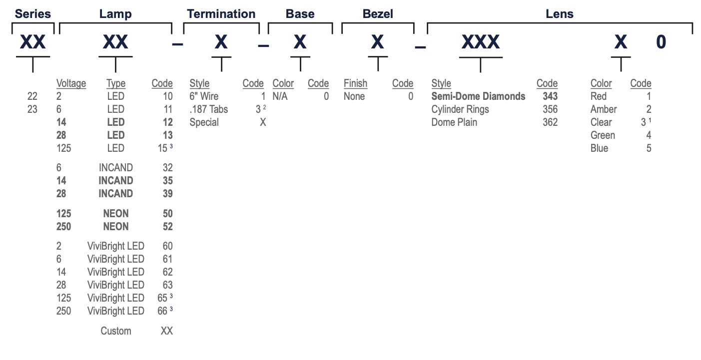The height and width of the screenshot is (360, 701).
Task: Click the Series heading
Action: click(x=32, y=14)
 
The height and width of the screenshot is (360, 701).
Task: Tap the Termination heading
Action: click(x=221, y=14)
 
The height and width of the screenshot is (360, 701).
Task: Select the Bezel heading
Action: click(x=378, y=14)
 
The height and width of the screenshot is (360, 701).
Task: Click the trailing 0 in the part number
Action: click(x=661, y=42)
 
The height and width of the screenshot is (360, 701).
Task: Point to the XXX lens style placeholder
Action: click(x=480, y=42)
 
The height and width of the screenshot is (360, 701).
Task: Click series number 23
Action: click(x=32, y=109)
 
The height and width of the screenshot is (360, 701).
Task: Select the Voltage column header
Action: click(x=71, y=83)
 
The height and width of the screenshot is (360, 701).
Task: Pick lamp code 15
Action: click(x=162, y=148)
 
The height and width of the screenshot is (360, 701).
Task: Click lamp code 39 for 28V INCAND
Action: click(x=168, y=194)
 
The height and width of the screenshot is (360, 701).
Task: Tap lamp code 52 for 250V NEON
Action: click(x=168, y=227)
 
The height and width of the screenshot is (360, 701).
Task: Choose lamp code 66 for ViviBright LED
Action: click(x=162, y=311)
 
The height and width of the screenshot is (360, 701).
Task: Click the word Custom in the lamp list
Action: click(x=116, y=331)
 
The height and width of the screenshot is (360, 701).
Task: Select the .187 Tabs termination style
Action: click(x=209, y=109)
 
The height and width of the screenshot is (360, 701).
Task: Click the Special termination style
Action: click(x=204, y=122)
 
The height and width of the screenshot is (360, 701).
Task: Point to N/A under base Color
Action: click(x=280, y=96)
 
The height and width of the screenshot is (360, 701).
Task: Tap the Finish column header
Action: click(x=356, y=83)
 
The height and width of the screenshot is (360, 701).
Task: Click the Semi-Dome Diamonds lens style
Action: click(x=478, y=96)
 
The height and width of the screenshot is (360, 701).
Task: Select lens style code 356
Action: click(x=550, y=109)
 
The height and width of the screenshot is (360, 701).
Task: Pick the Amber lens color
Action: click(x=604, y=109)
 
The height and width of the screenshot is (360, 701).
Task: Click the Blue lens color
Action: click(x=599, y=148)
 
